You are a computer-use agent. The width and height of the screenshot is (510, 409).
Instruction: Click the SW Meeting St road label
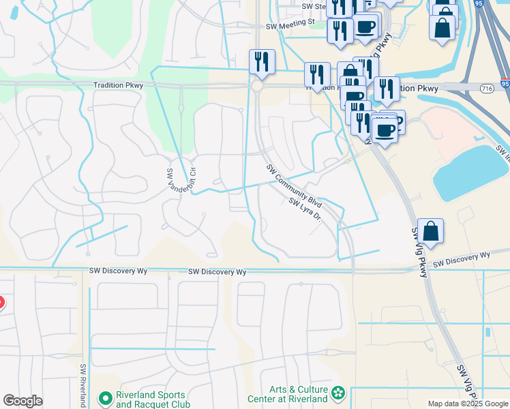tap(290, 22)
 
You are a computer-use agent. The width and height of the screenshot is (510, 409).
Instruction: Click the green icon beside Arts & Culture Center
tap(338, 393)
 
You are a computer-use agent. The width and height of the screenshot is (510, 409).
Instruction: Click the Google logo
tap(22, 401)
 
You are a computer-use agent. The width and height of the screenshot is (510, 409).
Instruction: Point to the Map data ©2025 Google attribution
tap(468, 404)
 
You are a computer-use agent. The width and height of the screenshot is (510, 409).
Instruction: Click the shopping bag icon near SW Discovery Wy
tap(431, 231)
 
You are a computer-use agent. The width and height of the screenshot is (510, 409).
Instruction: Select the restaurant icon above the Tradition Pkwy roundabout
tap(262, 62)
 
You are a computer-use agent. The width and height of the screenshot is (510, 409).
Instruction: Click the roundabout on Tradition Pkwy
tap(257, 87)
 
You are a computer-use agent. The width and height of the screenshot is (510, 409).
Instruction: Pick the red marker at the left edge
tap(1, 302)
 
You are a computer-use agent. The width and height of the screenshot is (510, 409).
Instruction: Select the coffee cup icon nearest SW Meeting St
tap(365, 27)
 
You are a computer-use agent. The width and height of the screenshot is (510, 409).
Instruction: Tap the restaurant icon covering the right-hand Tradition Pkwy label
tap(387, 89)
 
